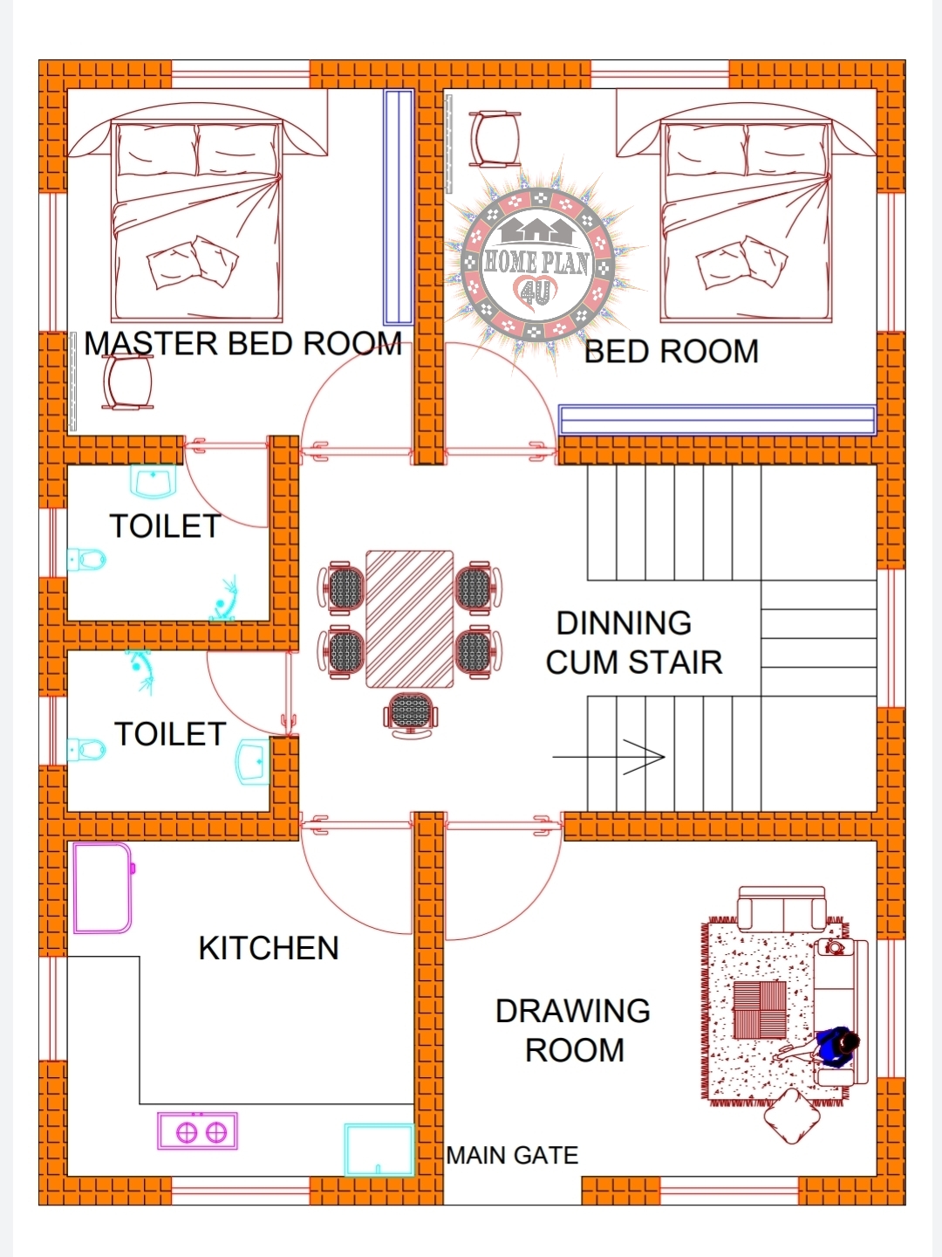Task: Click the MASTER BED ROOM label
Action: pyautogui.click(x=242, y=344)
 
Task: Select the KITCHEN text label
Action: pyautogui.click(x=269, y=948)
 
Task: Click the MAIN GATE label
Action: pyautogui.click(x=512, y=1156)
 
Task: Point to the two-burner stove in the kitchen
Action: pyautogui.click(x=198, y=1131)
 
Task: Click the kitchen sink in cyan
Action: pyautogui.click(x=379, y=1149)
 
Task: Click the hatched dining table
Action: pyautogui.click(x=409, y=619)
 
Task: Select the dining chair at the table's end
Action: pyautogui.click(x=410, y=715)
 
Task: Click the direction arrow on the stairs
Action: pyautogui.click(x=611, y=757)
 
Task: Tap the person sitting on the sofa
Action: pyautogui.click(x=836, y=1045)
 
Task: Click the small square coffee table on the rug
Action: pyautogui.click(x=760, y=1010)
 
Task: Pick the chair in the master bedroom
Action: pyautogui.click(x=127, y=382)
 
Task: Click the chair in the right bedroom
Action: pyautogui.click(x=495, y=138)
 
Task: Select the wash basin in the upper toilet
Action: pyautogui.click(x=154, y=481)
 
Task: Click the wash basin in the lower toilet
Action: pyautogui.click(x=254, y=760)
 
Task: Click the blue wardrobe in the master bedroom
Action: pyautogui.click(x=399, y=208)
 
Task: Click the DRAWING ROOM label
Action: pyautogui.click(x=573, y=1030)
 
